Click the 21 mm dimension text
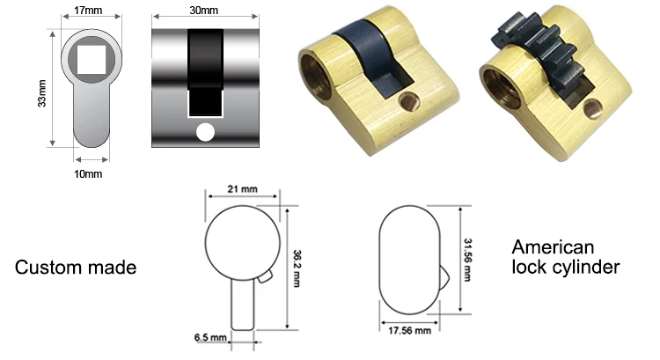(x=243, y=189)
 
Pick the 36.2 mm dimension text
(x=296, y=265)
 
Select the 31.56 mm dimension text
(x=468, y=259)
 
